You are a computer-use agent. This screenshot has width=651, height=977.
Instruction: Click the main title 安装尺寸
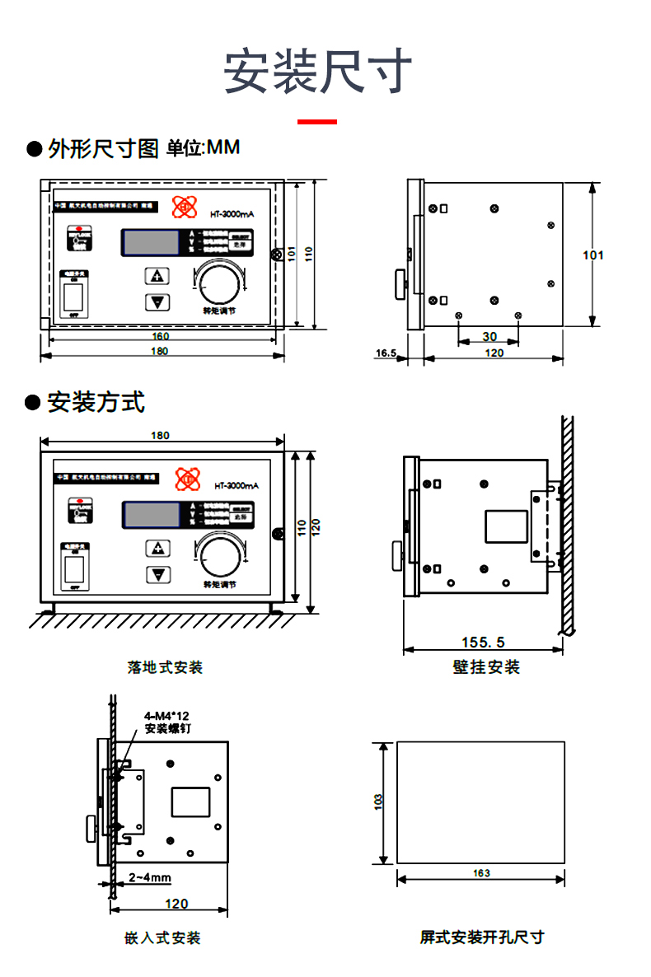coord(318,72)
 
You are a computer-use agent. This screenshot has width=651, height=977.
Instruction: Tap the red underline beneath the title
coord(317,122)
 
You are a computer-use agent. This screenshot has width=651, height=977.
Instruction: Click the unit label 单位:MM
coord(203,148)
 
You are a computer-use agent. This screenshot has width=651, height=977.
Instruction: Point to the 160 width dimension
coord(161,336)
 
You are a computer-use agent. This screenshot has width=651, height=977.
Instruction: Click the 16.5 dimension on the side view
coord(386,353)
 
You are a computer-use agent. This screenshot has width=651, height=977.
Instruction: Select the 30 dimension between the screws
coord(489,337)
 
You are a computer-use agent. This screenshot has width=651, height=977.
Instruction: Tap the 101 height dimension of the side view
coord(593,255)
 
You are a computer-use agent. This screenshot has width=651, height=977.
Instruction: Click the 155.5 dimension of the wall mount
coord(483,643)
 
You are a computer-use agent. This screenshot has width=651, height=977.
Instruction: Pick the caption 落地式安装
coord(165,667)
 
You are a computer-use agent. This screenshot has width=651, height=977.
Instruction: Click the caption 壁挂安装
coord(486,667)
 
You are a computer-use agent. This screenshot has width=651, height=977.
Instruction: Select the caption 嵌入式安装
coord(162,937)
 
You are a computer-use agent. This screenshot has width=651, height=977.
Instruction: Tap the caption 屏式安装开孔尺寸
coord(482,937)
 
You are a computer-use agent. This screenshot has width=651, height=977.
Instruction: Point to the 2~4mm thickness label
coord(150,877)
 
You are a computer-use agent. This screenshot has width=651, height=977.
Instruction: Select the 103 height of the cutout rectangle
coord(378,802)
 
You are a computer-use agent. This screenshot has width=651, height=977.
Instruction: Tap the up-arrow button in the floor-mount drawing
coord(157,548)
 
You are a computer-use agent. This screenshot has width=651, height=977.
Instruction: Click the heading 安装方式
coord(96,403)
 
